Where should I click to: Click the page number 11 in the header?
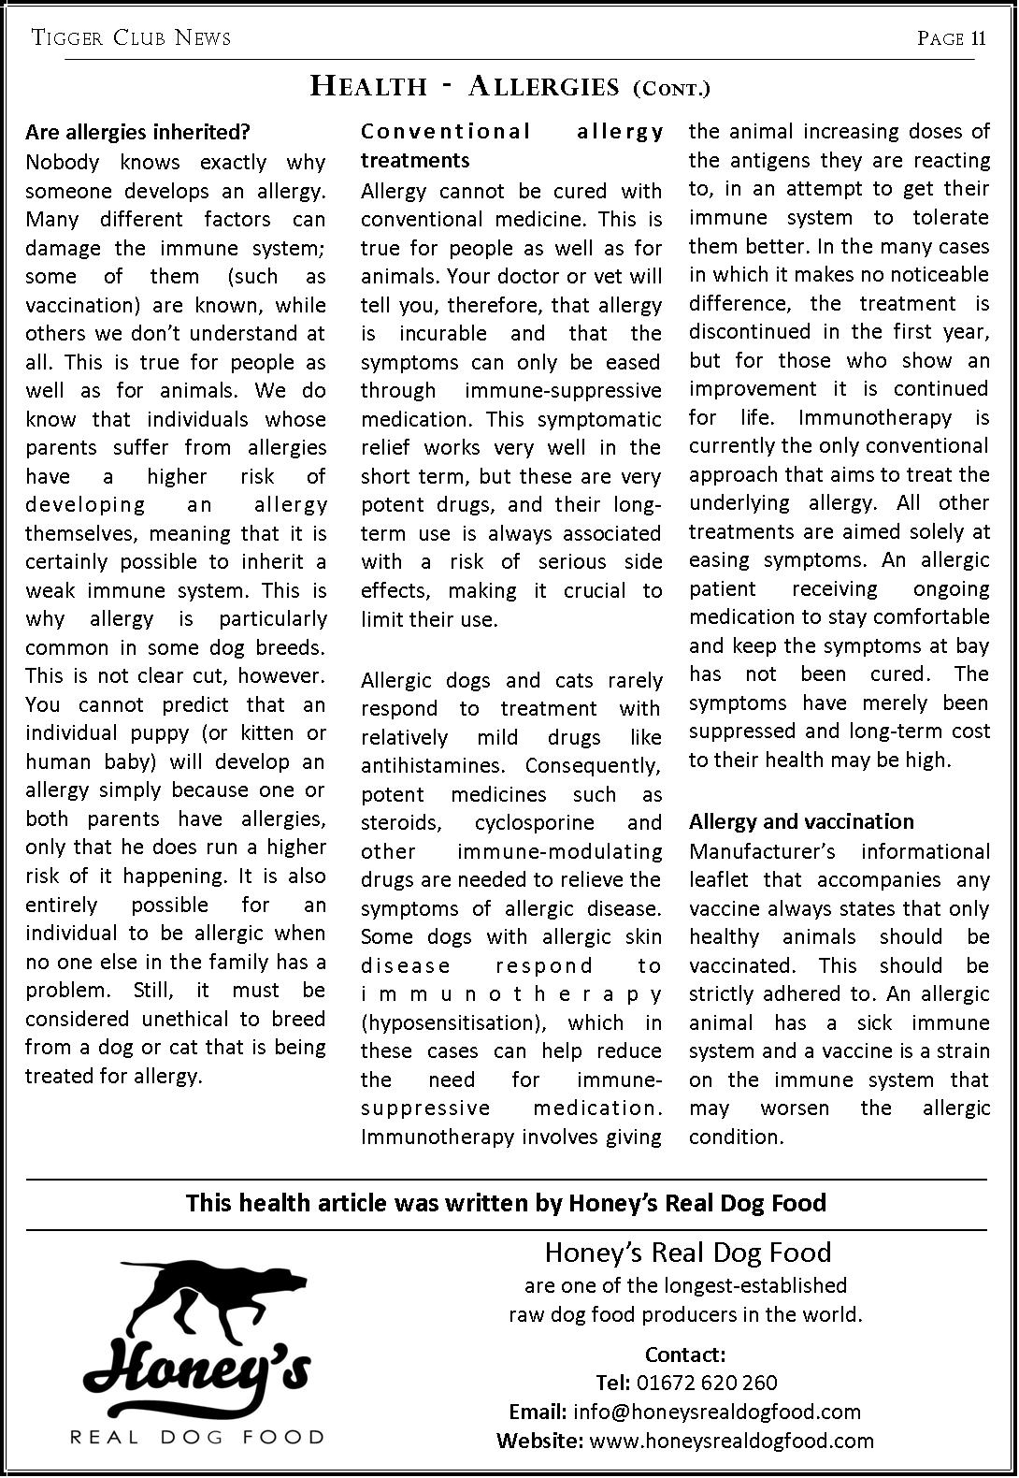[978, 38]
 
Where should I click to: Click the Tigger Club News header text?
[131, 38]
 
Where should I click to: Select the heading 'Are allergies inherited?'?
[137, 132]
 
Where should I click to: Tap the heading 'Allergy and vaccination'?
[801, 821]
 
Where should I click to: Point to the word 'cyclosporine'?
[534, 823]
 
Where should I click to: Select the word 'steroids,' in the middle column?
[401, 823]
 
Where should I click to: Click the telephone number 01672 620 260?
[706, 1383]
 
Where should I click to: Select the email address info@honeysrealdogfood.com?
[716, 1412]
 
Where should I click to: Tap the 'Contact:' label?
[685, 1355]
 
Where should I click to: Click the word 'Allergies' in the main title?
[543, 87]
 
